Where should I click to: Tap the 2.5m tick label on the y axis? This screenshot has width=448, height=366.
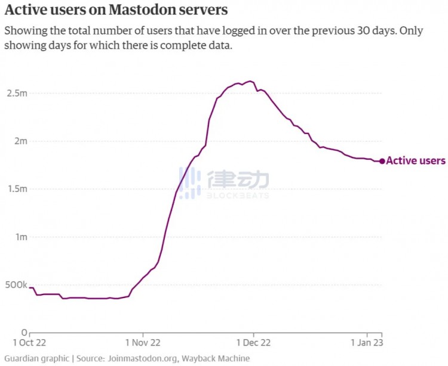16,94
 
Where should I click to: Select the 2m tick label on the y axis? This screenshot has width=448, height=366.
20,141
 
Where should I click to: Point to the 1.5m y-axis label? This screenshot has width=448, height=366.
16,189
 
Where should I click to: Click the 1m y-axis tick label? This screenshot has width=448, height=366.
20,237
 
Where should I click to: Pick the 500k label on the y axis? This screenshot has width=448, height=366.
14,284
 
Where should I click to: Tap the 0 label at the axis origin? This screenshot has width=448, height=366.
24,332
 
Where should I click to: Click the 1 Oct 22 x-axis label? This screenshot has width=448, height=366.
29,344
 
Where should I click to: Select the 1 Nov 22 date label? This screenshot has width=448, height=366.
143,344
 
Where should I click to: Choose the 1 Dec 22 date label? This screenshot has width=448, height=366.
253,344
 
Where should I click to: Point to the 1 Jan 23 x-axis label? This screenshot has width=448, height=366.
366,344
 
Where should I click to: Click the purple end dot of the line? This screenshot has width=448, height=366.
382,161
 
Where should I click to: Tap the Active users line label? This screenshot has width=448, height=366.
416,161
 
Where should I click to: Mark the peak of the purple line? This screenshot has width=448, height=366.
250,81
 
